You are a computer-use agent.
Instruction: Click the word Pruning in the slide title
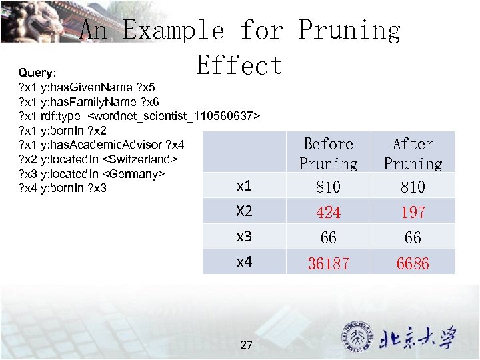[x=349, y=30]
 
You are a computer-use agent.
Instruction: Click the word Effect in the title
[x=239, y=65]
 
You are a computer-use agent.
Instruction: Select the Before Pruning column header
[x=328, y=153]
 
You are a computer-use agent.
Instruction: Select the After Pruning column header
[x=413, y=153]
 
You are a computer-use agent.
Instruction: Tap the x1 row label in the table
[x=245, y=187]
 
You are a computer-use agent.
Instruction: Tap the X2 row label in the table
[x=245, y=211]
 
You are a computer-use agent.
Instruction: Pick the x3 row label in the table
[x=245, y=237]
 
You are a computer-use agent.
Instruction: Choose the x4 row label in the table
[x=245, y=262]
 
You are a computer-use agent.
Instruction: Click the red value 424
[x=328, y=212]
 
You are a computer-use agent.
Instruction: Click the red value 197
[x=413, y=212]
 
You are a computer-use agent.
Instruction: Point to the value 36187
[x=328, y=263]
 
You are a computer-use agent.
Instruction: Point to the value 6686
[x=413, y=263]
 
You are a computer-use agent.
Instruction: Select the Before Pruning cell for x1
[x=328, y=187]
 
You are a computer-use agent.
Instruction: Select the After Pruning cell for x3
[x=413, y=237]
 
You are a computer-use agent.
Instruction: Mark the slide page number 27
[x=247, y=345]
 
